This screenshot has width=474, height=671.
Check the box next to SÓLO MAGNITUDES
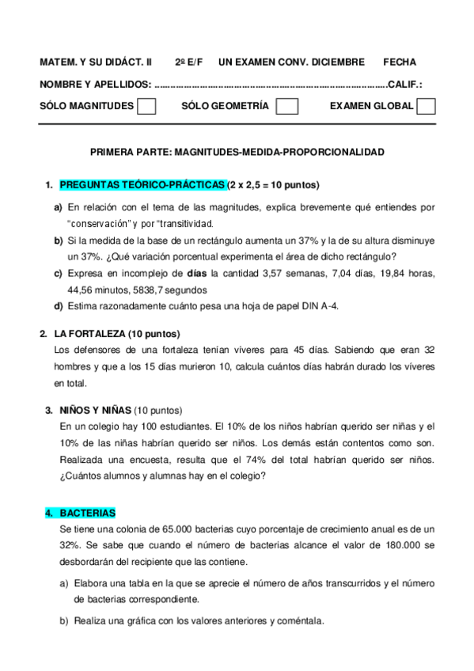(146, 106)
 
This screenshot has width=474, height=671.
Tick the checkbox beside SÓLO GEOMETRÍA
(287, 106)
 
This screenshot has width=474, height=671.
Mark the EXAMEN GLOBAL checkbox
(426, 106)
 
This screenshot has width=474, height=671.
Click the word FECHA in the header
(400, 62)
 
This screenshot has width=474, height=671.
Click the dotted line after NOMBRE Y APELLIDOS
(269, 85)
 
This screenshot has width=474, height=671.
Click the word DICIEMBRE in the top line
(337, 62)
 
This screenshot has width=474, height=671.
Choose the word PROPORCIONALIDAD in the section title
(334, 151)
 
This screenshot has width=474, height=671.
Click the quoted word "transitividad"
(177, 223)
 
